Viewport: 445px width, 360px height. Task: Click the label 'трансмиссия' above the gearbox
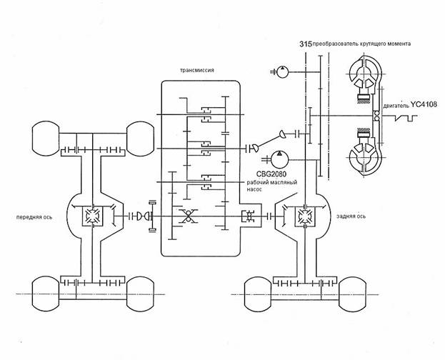(196, 70)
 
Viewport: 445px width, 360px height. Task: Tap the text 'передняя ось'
(34, 217)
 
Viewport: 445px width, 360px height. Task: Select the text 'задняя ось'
(351, 216)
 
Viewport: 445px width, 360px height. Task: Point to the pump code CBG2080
(271, 174)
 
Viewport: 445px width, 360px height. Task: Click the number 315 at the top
(306, 44)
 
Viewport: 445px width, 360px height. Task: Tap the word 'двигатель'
(396, 106)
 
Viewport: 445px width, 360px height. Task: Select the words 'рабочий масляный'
(272, 183)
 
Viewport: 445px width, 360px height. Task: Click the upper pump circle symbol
(282, 71)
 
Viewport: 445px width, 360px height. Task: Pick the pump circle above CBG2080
(279, 159)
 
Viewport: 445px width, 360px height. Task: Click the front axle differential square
(93, 216)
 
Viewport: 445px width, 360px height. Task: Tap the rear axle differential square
(305, 216)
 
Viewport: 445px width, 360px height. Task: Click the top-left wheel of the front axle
(46, 139)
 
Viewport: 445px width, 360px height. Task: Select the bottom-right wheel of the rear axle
(352, 294)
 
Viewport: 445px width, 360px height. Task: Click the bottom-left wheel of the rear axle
(258, 294)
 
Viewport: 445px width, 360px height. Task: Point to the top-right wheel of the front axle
(140, 139)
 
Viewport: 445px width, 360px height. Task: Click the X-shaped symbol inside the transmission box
(188, 216)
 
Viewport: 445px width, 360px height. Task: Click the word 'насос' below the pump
(254, 189)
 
